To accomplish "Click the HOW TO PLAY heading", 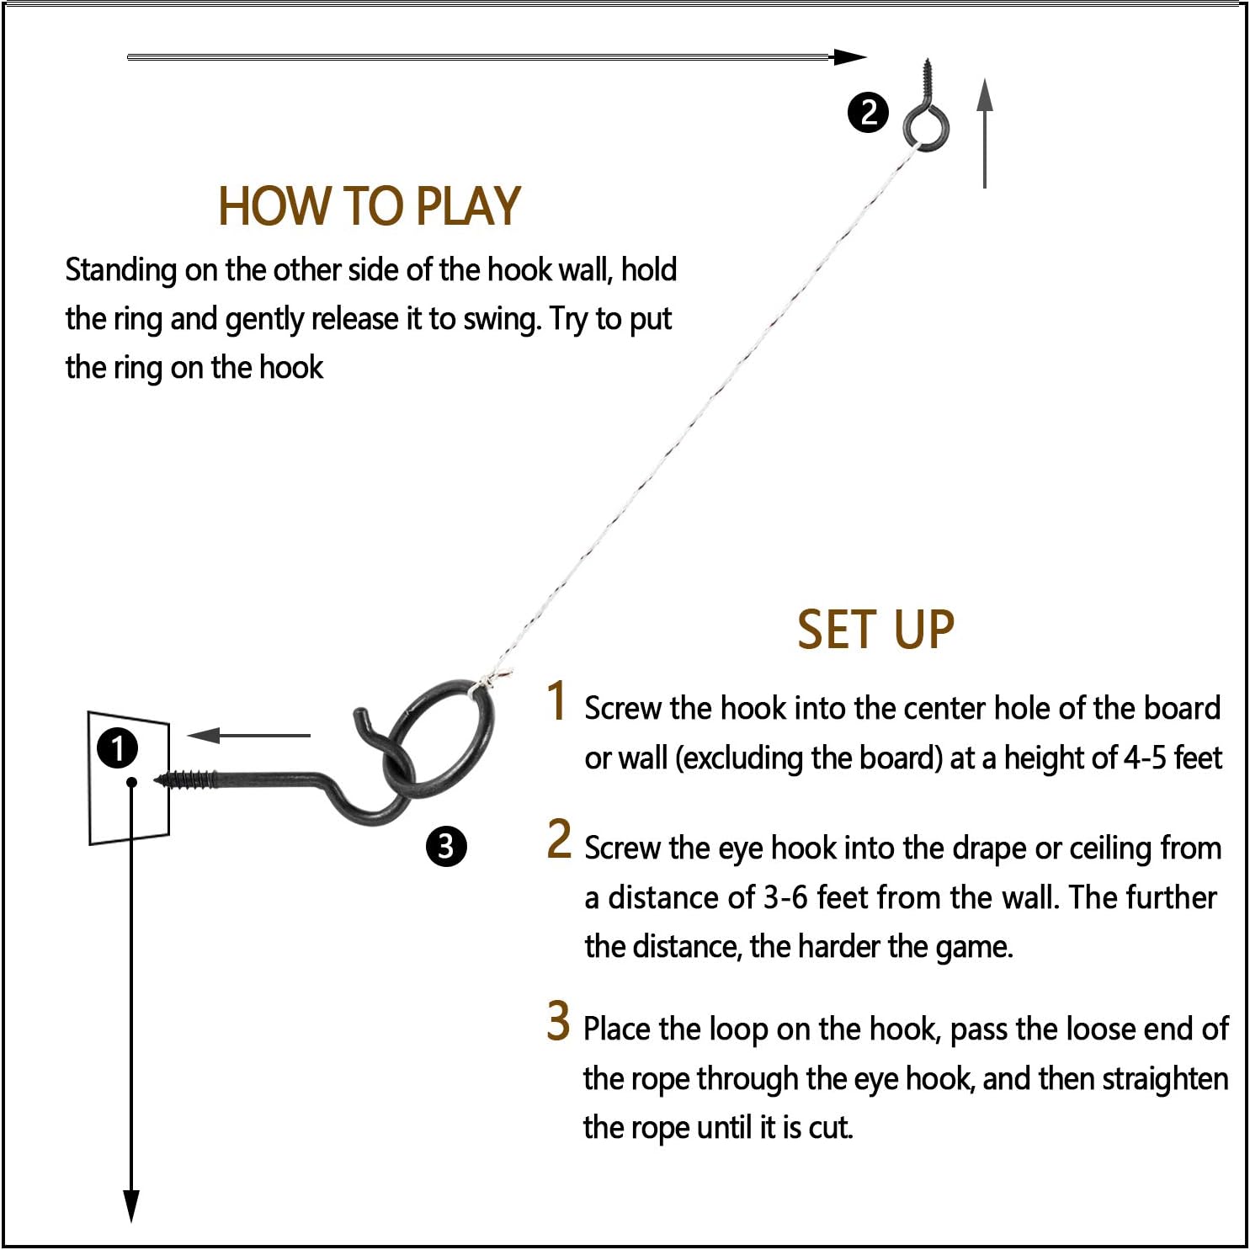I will [x=370, y=206].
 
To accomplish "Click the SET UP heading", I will [x=875, y=630].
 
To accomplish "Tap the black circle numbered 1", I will [x=117, y=748].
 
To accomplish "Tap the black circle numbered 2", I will [x=868, y=112].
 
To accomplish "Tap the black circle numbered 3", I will [x=445, y=846].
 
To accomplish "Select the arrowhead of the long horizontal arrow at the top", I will [x=848, y=57].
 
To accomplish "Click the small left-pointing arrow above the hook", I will [x=248, y=736].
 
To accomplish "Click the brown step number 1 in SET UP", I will [x=556, y=700].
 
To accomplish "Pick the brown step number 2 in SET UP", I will [x=559, y=839].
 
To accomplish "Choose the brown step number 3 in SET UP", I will [x=558, y=1020].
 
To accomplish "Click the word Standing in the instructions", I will [x=121, y=271].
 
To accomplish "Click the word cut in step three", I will [x=829, y=1128].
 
